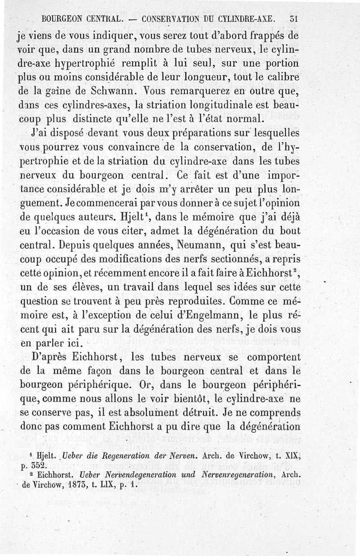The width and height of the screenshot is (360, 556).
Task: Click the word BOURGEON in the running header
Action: [x=62, y=19]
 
